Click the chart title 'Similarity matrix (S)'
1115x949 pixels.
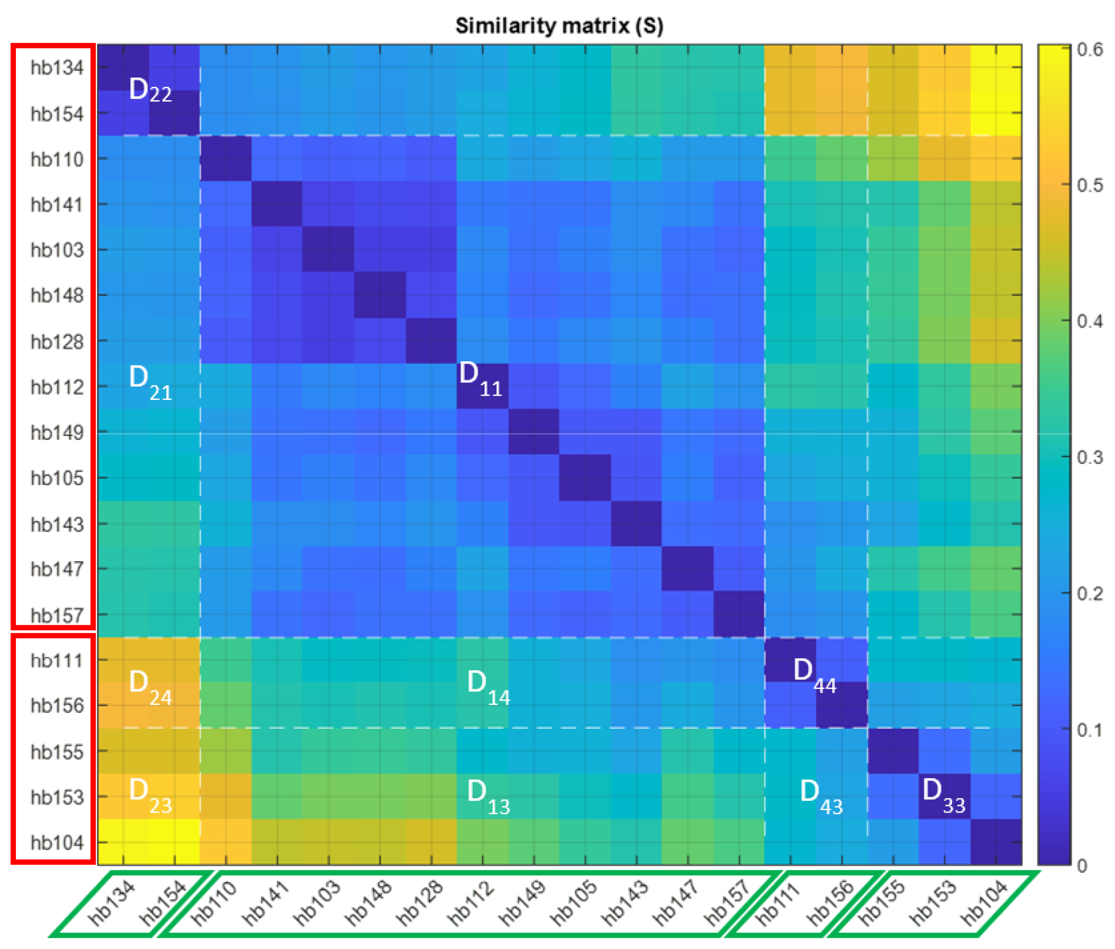[x=559, y=25]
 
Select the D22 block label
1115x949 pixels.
[x=150, y=90]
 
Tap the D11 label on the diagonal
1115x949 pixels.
[x=480, y=379]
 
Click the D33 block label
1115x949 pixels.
[x=943, y=795]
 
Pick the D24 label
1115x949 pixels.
[x=150, y=688]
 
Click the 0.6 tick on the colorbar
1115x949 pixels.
[x=1089, y=49]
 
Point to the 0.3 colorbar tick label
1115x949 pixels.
[x=1089, y=457]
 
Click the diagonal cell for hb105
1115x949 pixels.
[x=585, y=477]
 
